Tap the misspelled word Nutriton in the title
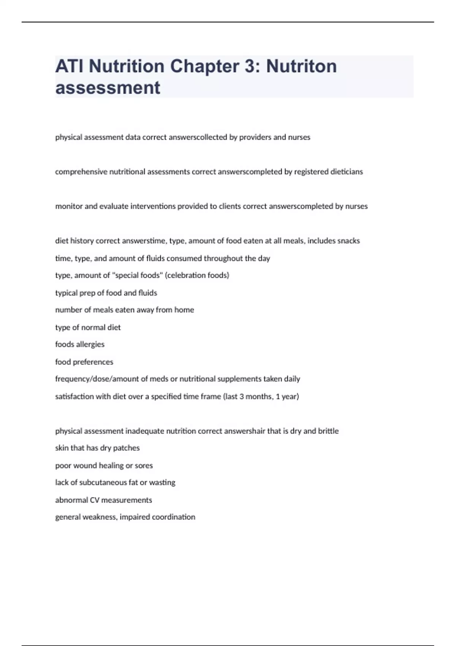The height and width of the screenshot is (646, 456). point(301,66)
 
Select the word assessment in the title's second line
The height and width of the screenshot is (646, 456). point(108,88)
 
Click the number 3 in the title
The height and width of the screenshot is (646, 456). point(250,66)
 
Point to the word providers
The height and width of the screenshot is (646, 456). point(255,137)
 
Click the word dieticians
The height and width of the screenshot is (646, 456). point(347,172)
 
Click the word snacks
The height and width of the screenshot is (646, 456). point(348,241)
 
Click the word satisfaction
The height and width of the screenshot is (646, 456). point(74,396)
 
